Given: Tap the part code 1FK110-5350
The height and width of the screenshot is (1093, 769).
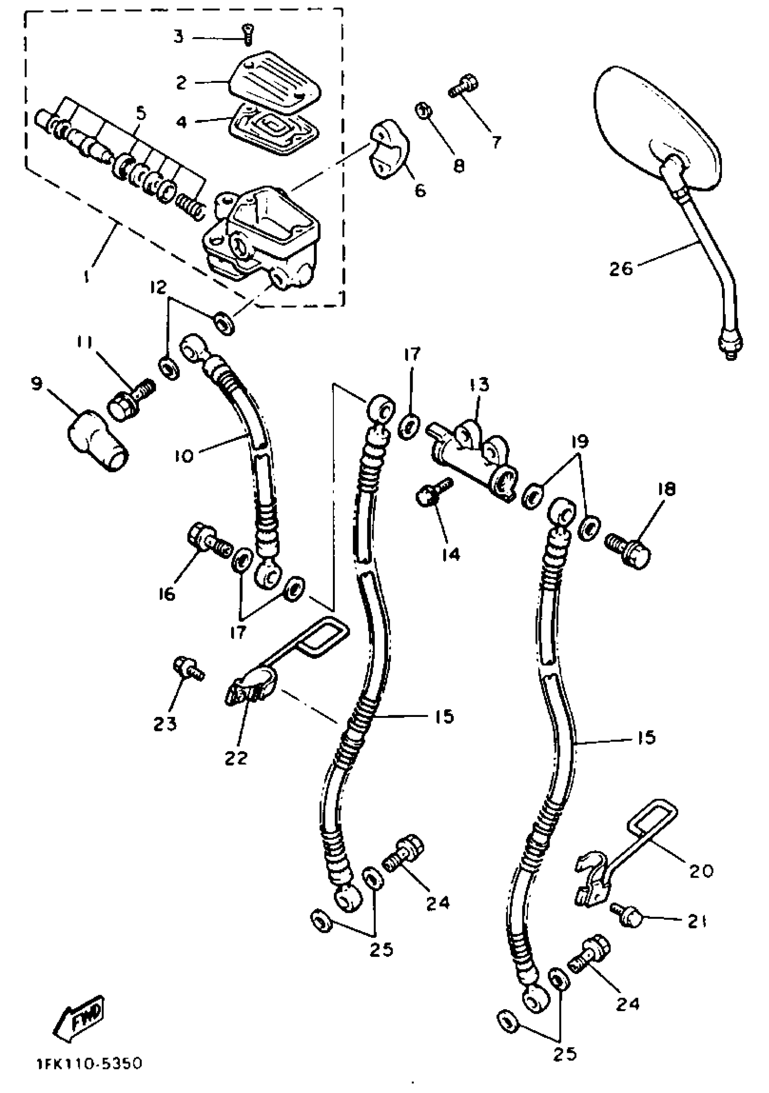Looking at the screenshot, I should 89,1063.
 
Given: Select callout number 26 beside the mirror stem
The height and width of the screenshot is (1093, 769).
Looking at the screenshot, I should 622,269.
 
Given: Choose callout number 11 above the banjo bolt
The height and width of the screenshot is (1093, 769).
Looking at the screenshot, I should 84,342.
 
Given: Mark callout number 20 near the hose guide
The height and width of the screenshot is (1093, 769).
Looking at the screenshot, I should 701,871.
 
